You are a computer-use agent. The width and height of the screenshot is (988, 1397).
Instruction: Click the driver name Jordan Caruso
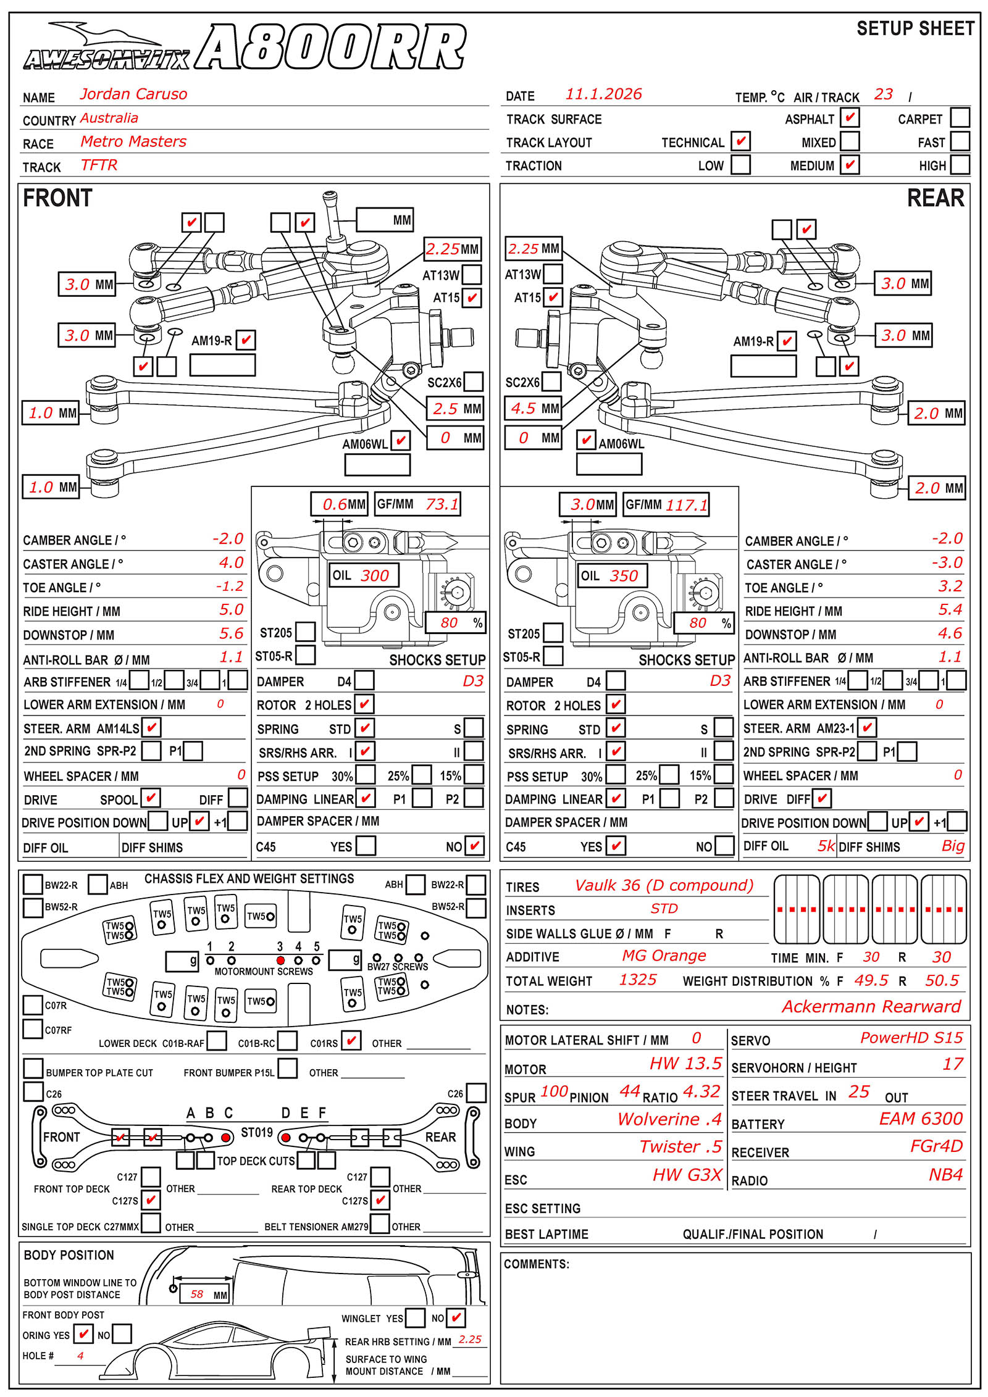pos(133,94)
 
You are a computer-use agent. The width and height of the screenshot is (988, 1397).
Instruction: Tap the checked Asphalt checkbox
pos(850,117)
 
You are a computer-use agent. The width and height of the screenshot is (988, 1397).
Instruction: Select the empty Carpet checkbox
pos(960,117)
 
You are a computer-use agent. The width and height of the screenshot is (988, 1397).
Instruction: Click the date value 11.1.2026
pos(603,94)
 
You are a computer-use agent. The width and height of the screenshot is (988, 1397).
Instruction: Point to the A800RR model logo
pos(330,48)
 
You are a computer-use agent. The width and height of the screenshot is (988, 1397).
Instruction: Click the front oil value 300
pos(375,576)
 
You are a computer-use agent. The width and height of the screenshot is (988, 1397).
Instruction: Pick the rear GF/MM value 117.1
pos(686,506)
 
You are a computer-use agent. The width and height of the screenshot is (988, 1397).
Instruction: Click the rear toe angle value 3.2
pos(950,586)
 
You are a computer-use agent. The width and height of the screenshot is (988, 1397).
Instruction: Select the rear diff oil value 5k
pos(826,846)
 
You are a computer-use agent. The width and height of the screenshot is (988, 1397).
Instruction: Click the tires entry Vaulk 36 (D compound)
pos(664,886)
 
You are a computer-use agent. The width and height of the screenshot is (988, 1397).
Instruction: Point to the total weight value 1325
pos(638,980)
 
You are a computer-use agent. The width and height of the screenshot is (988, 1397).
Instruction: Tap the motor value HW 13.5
pos(685,1064)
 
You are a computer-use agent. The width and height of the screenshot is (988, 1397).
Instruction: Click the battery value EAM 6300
pos(921,1119)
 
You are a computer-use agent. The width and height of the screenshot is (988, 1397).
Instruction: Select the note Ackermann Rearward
pos(871,1007)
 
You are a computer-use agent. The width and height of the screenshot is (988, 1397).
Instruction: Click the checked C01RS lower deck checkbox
pos(351,1041)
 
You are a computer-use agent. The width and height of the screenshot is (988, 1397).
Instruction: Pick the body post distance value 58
pos(197,1294)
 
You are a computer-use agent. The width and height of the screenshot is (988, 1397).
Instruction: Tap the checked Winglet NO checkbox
pos(456,1318)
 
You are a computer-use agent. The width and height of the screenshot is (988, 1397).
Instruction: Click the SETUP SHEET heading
pos(915,29)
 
